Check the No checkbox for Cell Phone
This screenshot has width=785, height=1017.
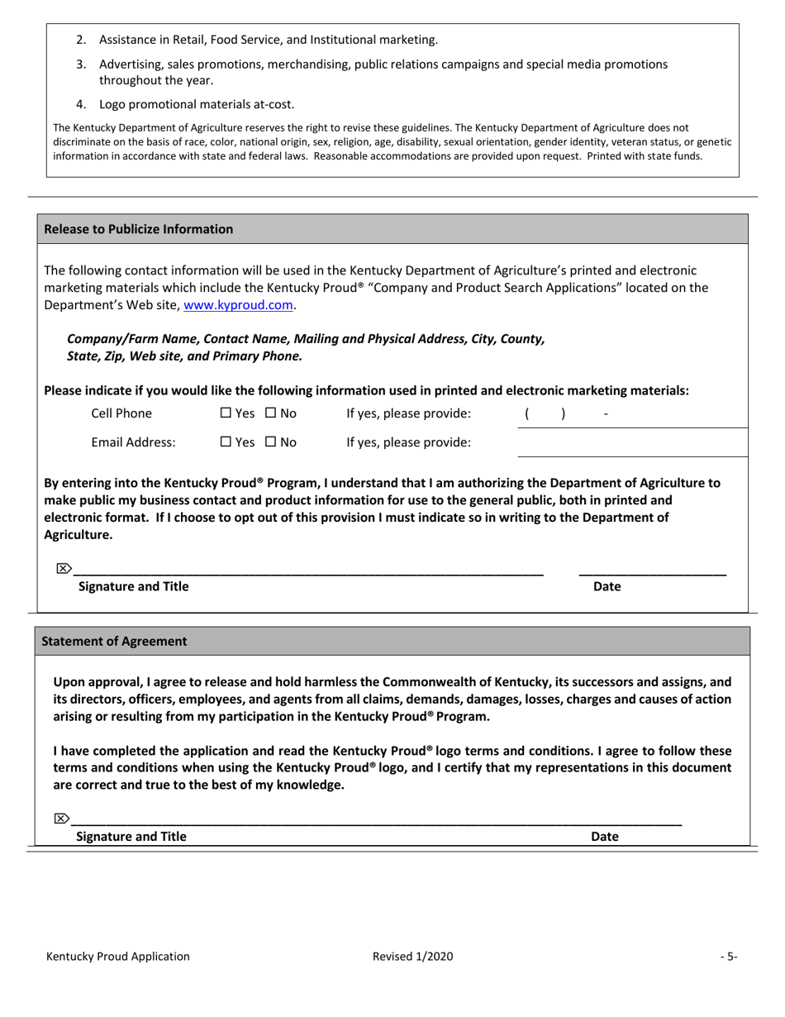[x=271, y=413]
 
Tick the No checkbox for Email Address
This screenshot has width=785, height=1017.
[x=271, y=442]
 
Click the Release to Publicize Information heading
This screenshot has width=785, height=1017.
[x=138, y=229]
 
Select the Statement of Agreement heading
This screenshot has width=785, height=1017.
[x=114, y=641]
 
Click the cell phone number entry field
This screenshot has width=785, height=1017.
[x=631, y=414]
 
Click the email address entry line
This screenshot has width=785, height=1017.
[x=631, y=445]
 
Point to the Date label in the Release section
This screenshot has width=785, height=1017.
[x=607, y=586]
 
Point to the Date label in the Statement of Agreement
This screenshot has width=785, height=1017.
[x=604, y=836]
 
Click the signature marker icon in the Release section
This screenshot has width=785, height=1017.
[x=63, y=568]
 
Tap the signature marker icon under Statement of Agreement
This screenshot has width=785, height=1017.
[x=61, y=819]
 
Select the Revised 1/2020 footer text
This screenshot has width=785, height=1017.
[x=412, y=957]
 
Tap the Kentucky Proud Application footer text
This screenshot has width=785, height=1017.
[x=118, y=957]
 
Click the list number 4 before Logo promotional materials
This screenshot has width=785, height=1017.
[x=81, y=104]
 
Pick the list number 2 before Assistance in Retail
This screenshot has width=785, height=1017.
[x=81, y=40]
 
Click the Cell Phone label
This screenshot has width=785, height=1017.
[x=121, y=413]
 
